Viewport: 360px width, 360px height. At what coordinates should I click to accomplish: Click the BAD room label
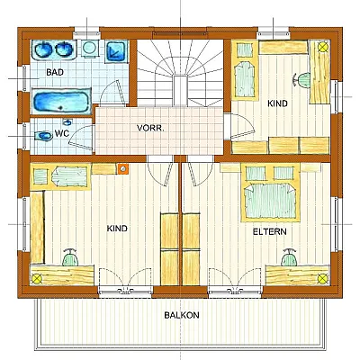pyautogui.click(x=55, y=72)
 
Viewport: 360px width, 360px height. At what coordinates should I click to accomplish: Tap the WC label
pyautogui.click(x=62, y=133)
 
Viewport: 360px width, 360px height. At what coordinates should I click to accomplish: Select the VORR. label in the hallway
pyautogui.click(x=150, y=128)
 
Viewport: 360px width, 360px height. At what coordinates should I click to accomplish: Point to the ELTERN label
pyautogui.click(x=269, y=231)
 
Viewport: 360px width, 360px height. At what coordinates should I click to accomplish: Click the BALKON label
pyautogui.click(x=182, y=315)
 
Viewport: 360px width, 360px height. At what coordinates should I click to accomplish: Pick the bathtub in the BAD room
pyautogui.click(x=61, y=102)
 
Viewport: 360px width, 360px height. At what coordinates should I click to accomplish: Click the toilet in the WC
pyautogui.click(x=43, y=137)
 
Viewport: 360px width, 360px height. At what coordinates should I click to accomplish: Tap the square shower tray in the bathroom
pyautogui.click(x=116, y=51)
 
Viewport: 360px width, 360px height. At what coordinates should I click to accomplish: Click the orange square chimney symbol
pyautogui.click(x=122, y=169)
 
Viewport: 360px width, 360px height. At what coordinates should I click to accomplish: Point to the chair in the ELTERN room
pyautogui.click(x=289, y=257)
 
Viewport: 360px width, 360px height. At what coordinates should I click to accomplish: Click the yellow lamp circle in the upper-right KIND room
pyautogui.click(x=323, y=47)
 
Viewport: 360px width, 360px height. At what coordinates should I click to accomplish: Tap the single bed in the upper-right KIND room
pyautogui.click(x=245, y=70)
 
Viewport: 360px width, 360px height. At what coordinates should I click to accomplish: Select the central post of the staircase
pyautogui.click(x=181, y=91)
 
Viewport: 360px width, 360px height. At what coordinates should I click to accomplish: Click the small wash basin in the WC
pyautogui.click(x=67, y=122)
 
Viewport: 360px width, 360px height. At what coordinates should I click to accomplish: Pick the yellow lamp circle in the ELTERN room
pyautogui.click(x=322, y=279)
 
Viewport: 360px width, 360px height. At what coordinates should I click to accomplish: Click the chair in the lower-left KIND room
pyautogui.click(x=70, y=257)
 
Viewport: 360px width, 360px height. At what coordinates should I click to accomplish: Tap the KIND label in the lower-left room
pyautogui.click(x=117, y=229)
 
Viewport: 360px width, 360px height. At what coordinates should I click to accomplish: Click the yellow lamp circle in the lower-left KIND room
pyautogui.click(x=37, y=279)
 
